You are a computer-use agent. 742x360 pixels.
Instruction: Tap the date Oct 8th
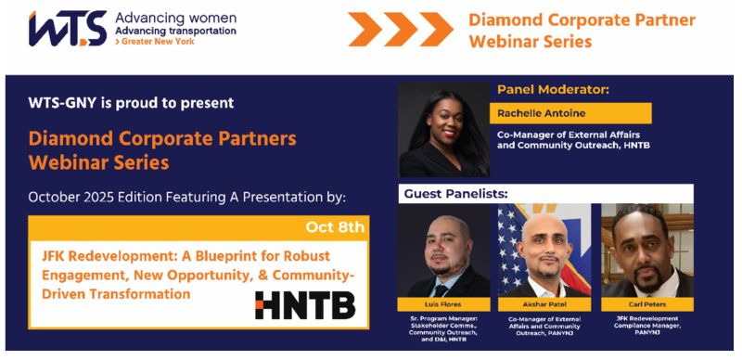click(335, 227)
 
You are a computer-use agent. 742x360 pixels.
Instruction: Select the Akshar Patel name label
click(544, 304)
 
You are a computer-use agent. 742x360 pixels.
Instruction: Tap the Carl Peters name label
click(646, 304)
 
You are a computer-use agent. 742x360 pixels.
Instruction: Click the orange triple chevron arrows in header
click(401, 30)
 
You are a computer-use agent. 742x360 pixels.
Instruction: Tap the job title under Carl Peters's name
click(646, 324)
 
